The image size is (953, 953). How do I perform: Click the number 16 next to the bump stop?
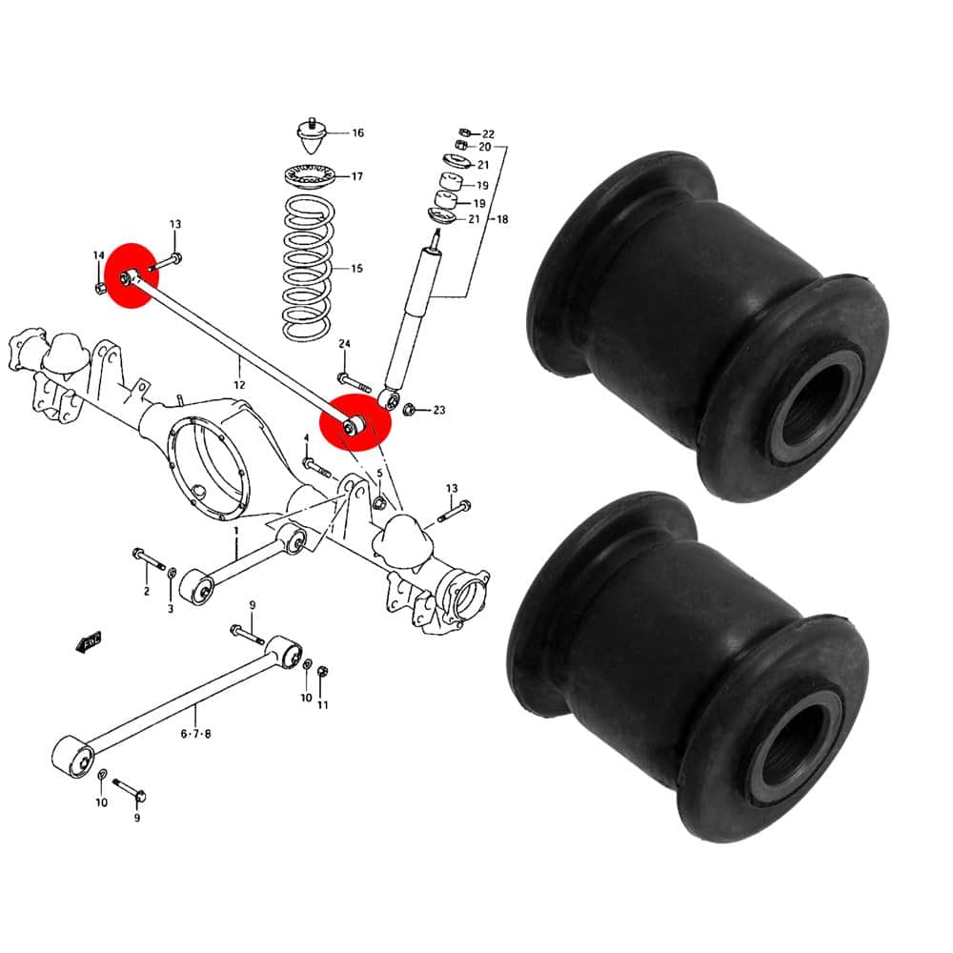[358, 132]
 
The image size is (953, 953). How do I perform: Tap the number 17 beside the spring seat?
[356, 176]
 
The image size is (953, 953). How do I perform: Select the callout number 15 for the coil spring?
[356, 268]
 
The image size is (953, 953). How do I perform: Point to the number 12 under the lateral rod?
[239, 385]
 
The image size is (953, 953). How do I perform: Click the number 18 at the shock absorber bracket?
[502, 219]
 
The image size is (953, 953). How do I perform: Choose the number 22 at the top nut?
[488, 133]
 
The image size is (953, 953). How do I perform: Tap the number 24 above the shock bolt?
[345, 344]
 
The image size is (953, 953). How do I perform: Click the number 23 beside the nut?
[438, 410]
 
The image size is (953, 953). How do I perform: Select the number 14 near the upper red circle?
[99, 255]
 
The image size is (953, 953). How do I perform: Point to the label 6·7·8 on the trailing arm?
[195, 734]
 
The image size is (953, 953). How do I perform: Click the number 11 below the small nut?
[323, 705]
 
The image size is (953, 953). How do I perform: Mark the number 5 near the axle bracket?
[380, 473]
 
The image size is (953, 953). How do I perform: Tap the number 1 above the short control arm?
[236, 531]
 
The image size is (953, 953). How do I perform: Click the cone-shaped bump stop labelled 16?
[313, 136]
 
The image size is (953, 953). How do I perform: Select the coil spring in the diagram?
[308, 268]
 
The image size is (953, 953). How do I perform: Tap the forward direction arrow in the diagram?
[89, 641]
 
